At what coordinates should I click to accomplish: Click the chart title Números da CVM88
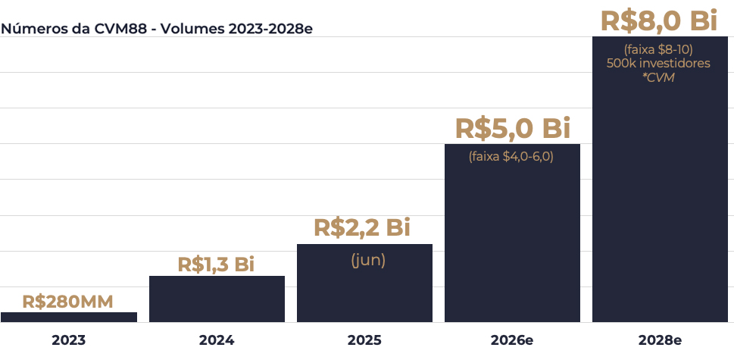(x=157, y=29)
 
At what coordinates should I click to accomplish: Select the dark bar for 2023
(x=69, y=318)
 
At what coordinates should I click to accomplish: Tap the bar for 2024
(x=217, y=299)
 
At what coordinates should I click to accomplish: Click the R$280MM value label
(x=68, y=302)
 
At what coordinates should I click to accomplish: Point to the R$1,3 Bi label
(x=216, y=265)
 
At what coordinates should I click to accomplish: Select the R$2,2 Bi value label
(x=362, y=227)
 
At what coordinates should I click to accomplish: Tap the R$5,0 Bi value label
(x=512, y=127)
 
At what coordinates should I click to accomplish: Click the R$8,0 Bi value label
(x=658, y=20)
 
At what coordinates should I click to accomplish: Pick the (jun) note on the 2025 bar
(x=368, y=260)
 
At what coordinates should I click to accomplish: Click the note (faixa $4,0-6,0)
(x=512, y=157)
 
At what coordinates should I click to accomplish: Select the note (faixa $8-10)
(x=658, y=49)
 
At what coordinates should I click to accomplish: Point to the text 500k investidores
(x=658, y=63)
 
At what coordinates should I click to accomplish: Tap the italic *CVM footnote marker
(x=658, y=77)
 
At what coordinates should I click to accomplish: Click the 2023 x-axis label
(x=69, y=340)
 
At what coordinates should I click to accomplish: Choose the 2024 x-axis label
(x=217, y=340)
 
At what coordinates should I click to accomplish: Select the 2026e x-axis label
(x=512, y=340)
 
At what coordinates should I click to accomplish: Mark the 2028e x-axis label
(x=659, y=340)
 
